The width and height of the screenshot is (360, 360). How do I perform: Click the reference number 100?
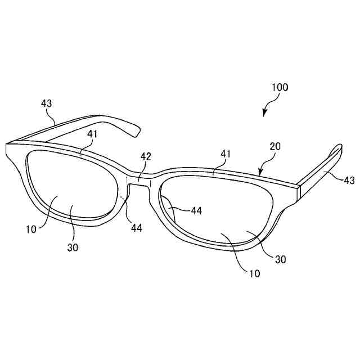pyautogui.click(x=280, y=87)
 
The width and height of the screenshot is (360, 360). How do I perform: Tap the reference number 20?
pyautogui.click(x=275, y=146)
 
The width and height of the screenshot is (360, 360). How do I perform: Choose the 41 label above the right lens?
pyautogui.click(x=225, y=153)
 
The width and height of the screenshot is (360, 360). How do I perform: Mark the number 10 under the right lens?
pyautogui.click(x=255, y=273)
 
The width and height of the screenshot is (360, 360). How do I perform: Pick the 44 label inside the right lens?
pyautogui.click(x=196, y=210)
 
